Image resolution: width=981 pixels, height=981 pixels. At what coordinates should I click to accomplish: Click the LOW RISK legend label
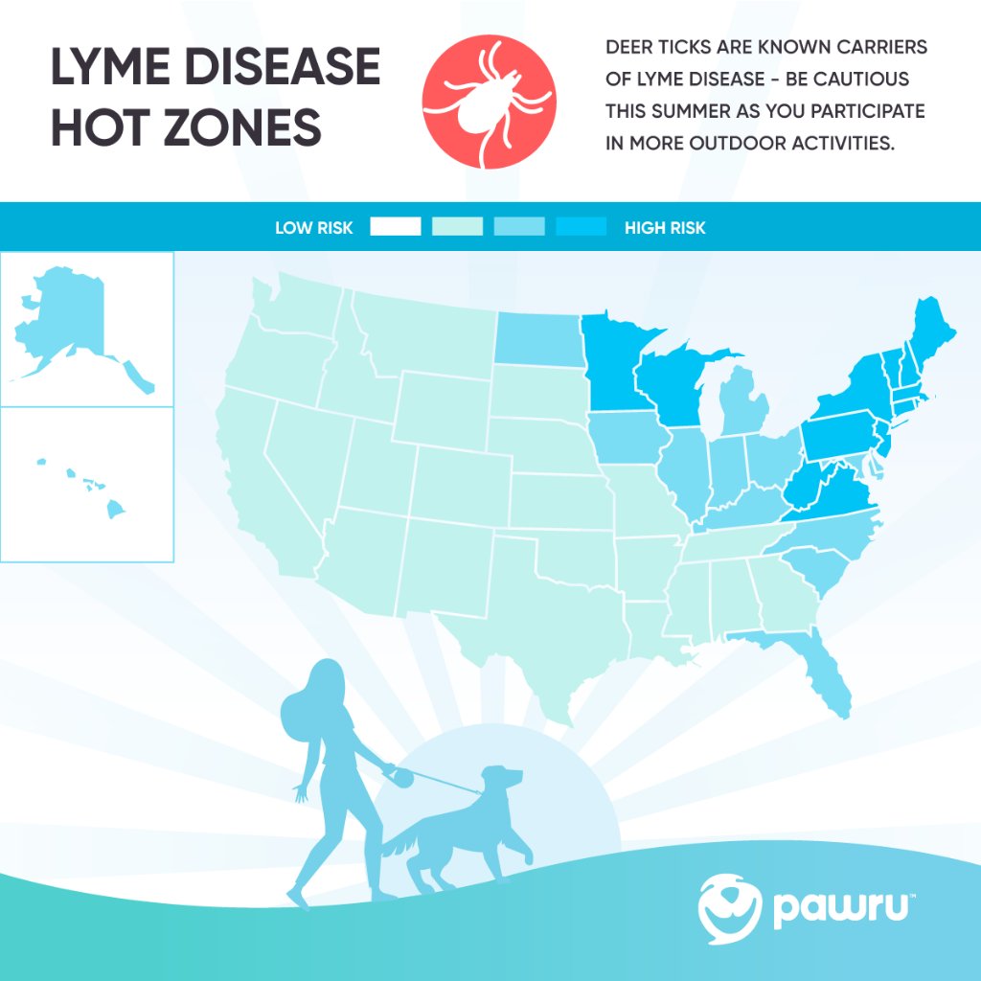point(313,228)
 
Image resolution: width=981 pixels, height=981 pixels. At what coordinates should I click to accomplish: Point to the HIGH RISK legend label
point(665,228)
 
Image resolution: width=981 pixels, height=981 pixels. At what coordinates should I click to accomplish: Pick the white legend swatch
point(396,227)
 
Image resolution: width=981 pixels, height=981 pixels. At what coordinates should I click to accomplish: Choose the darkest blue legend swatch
point(582,227)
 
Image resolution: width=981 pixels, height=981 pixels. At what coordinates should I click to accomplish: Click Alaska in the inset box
point(67,316)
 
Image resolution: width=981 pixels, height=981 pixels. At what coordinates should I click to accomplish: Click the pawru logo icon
point(730,904)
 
